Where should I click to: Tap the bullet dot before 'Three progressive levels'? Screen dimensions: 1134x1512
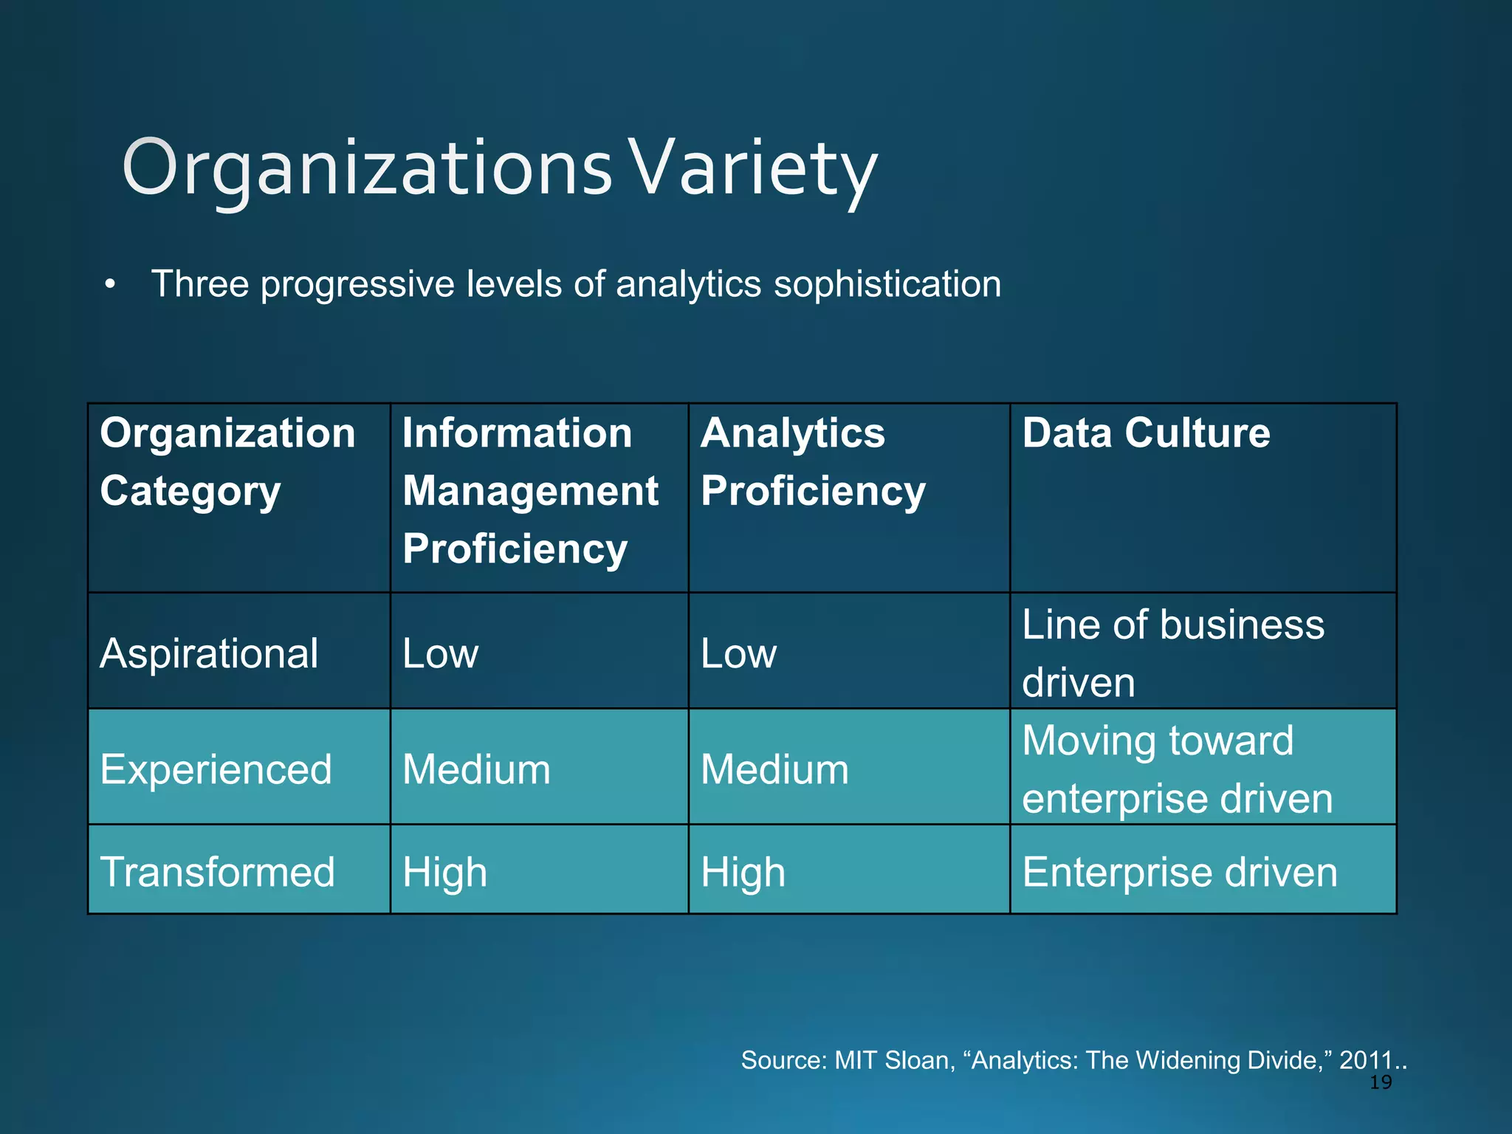pyautogui.click(x=111, y=285)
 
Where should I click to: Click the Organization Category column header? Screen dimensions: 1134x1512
pyautogui.click(x=227, y=461)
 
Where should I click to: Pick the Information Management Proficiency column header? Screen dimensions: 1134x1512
pyautogui.click(x=530, y=491)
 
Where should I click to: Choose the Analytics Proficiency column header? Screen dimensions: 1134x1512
pyautogui.click(x=813, y=461)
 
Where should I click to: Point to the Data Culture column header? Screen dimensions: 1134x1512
pyautogui.click(x=1146, y=433)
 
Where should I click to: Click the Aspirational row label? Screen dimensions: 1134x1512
pyautogui.click(x=209, y=653)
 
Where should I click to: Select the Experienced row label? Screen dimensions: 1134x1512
pyautogui.click(x=216, y=769)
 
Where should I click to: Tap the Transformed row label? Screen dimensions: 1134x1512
pyautogui.click(x=217, y=872)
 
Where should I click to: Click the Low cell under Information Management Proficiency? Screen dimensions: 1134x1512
pyautogui.click(x=441, y=653)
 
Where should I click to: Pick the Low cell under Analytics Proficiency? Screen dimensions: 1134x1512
pyautogui.click(x=738, y=653)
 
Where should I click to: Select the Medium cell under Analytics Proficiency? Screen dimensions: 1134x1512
pyautogui.click(x=774, y=769)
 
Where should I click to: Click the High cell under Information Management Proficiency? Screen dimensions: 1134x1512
pyautogui.click(x=444, y=872)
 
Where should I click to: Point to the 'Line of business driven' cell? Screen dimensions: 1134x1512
pyautogui.click(x=1173, y=653)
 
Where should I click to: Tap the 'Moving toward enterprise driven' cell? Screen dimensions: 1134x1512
pyautogui.click(x=1177, y=769)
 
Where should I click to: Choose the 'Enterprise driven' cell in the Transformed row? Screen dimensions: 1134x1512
pyautogui.click(x=1179, y=872)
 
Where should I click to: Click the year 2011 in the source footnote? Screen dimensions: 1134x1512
pyautogui.click(x=1365, y=1060)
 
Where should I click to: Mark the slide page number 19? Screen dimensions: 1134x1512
pyautogui.click(x=1380, y=1082)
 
